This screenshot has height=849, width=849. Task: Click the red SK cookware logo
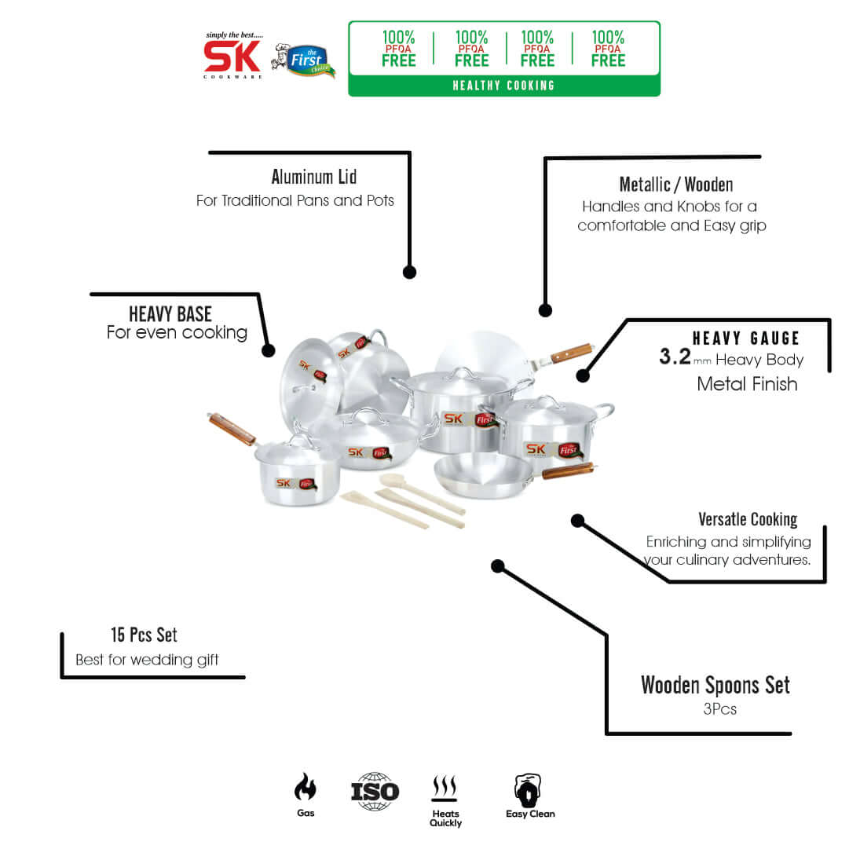(x=232, y=56)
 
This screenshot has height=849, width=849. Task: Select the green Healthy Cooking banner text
(x=503, y=86)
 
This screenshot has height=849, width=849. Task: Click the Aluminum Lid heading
(x=314, y=177)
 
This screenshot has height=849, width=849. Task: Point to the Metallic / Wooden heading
(x=675, y=185)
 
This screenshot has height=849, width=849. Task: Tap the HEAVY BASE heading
(x=170, y=314)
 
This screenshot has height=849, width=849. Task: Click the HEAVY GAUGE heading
(x=745, y=339)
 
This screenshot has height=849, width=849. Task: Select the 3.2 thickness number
(x=675, y=358)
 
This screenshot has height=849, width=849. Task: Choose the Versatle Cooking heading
(x=748, y=519)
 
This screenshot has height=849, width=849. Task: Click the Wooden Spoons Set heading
(x=715, y=685)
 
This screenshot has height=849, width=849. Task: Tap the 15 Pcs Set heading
(x=144, y=635)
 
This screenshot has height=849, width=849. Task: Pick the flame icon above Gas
(x=306, y=787)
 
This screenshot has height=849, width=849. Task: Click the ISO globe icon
(x=375, y=790)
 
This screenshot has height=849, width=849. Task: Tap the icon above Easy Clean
(x=529, y=789)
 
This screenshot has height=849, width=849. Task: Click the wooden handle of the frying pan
(x=567, y=471)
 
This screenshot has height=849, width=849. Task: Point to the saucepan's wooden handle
(x=232, y=429)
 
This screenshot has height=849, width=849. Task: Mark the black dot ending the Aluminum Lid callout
(x=409, y=272)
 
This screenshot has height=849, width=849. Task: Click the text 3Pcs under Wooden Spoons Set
(x=719, y=709)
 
